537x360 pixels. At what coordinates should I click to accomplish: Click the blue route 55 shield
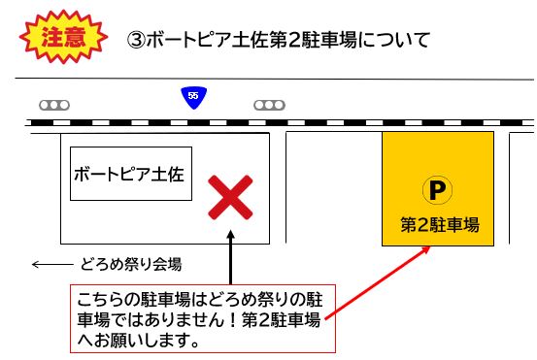click(193, 97)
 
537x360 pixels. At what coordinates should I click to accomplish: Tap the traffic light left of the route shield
click(54, 104)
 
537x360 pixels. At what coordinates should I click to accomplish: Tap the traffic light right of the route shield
click(269, 104)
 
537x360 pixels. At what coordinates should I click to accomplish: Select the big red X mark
click(231, 196)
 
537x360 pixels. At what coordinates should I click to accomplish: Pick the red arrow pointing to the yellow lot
click(379, 281)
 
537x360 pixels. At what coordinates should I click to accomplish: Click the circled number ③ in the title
click(136, 42)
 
